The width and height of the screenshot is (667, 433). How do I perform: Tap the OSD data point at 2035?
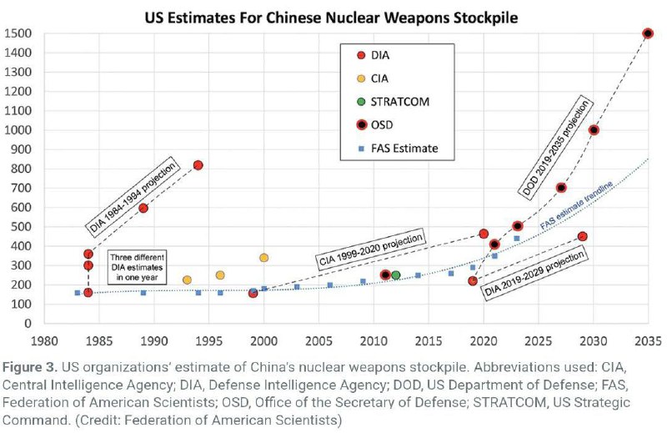point(648,33)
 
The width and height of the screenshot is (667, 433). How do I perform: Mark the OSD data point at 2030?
point(594,130)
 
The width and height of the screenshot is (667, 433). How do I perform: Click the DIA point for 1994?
point(198,165)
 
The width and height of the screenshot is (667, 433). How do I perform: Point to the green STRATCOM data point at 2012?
point(396,275)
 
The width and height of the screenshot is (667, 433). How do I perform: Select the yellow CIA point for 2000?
point(264,258)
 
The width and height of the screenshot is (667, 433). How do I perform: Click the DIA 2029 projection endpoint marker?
point(583,237)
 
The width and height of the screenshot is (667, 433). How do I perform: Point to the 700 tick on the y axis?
point(18,189)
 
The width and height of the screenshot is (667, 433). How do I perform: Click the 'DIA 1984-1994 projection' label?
point(133,194)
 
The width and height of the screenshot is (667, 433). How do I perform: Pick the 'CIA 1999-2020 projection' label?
point(369,248)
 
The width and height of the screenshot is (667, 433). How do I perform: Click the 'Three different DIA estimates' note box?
point(137,266)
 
